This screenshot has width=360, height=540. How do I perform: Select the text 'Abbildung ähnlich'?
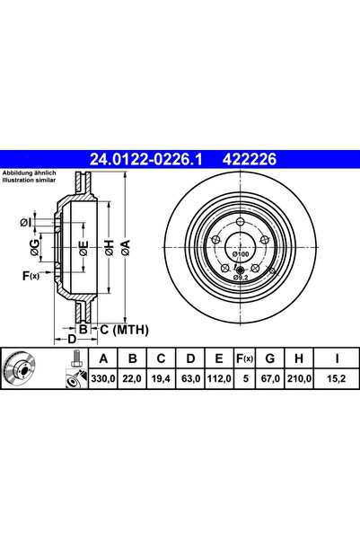[30, 173]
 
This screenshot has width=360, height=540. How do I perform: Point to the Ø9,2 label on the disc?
[241, 278]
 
